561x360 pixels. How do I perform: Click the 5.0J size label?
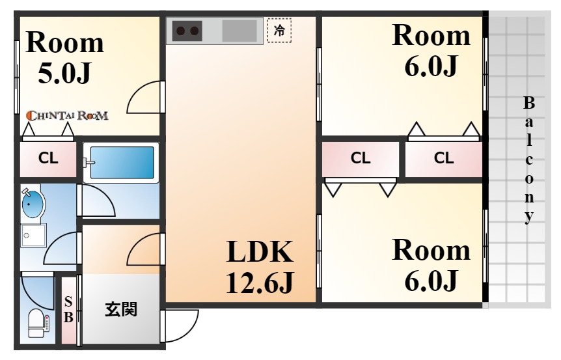[x=64, y=73]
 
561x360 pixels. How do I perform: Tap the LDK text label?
[x=260, y=252]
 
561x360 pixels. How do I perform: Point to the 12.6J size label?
[x=260, y=282]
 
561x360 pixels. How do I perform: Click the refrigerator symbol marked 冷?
[x=279, y=31]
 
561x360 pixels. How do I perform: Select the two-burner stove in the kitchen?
[x=187, y=31]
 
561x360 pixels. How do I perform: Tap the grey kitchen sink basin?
[x=239, y=31]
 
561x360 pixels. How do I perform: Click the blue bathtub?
[x=122, y=163]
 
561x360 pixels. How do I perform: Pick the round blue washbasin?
[x=33, y=203]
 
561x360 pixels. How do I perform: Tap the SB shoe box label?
[x=68, y=310]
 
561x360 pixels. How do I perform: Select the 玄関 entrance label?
[x=121, y=309]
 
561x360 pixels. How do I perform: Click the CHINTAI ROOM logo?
[x=67, y=116]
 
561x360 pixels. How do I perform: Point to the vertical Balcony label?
[x=529, y=160]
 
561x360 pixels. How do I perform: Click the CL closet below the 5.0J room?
[x=48, y=159]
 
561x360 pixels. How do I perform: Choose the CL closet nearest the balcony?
[x=444, y=158]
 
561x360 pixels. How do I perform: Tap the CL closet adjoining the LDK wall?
[x=361, y=158]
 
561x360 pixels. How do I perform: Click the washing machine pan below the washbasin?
[x=34, y=236]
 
